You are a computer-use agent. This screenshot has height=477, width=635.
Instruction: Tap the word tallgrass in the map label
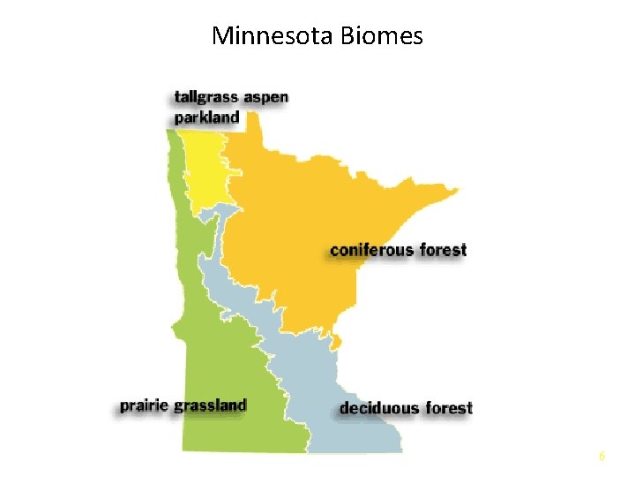pyautogui.click(x=205, y=96)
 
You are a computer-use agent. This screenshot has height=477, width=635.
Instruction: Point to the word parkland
pyautogui.click(x=207, y=117)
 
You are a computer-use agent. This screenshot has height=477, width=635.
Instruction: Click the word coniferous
pyautogui.click(x=371, y=250)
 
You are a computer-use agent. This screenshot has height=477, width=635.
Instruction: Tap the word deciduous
pyautogui.click(x=379, y=408)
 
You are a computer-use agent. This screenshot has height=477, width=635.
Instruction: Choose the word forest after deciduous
pyautogui.click(x=450, y=408)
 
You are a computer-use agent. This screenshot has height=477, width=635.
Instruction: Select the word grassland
pyautogui.click(x=210, y=405)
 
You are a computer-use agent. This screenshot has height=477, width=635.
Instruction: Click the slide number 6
pyautogui.click(x=601, y=456)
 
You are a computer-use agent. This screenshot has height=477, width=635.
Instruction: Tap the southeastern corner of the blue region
pyautogui.click(x=401, y=450)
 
